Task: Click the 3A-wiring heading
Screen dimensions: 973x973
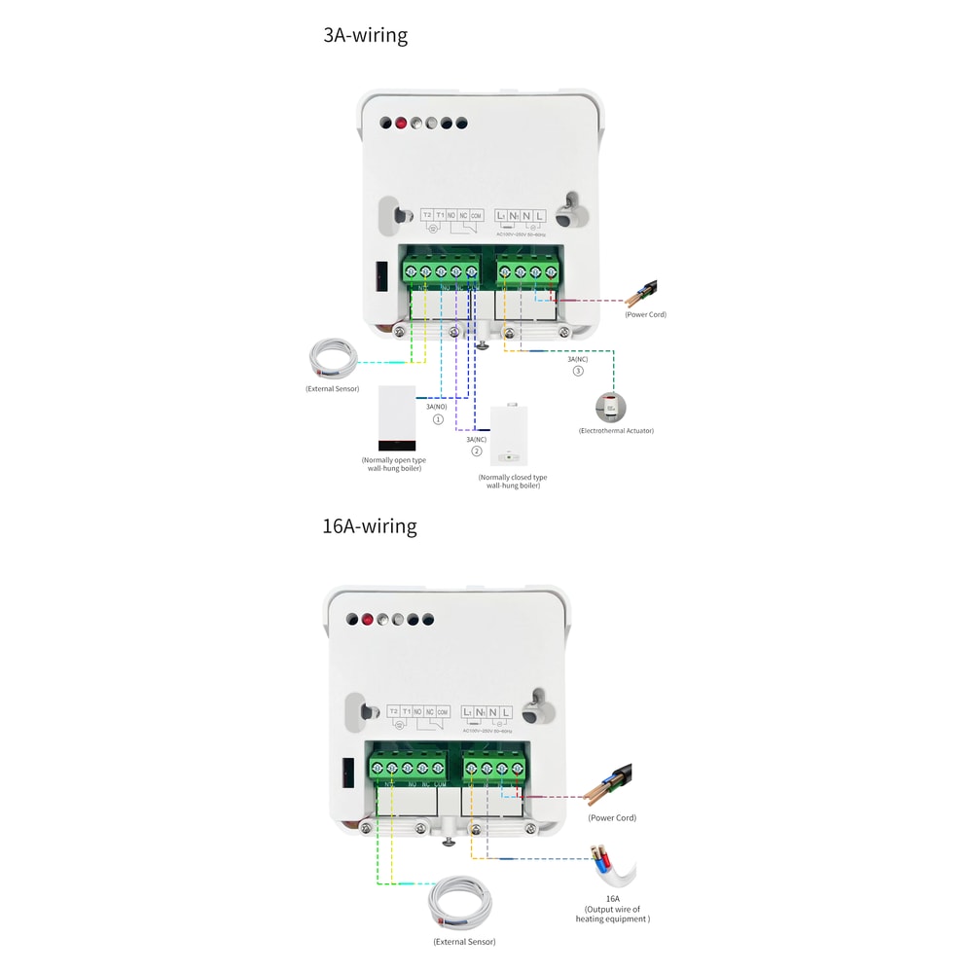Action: tap(365, 36)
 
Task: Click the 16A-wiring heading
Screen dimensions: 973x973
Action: tap(369, 526)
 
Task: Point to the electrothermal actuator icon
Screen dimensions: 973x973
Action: tap(611, 406)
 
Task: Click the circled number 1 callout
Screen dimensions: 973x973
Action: tap(438, 419)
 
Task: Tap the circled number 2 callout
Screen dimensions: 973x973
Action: tap(477, 451)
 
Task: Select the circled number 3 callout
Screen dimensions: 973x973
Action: tap(578, 371)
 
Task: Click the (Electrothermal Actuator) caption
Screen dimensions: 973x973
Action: tap(616, 430)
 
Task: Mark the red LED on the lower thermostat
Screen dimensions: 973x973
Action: tap(368, 619)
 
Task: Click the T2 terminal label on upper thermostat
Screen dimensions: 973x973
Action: tap(427, 215)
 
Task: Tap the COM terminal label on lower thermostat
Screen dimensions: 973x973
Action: tap(442, 712)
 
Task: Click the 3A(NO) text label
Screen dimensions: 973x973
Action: tap(437, 406)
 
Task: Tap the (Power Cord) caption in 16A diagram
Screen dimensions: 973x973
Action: tap(612, 817)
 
